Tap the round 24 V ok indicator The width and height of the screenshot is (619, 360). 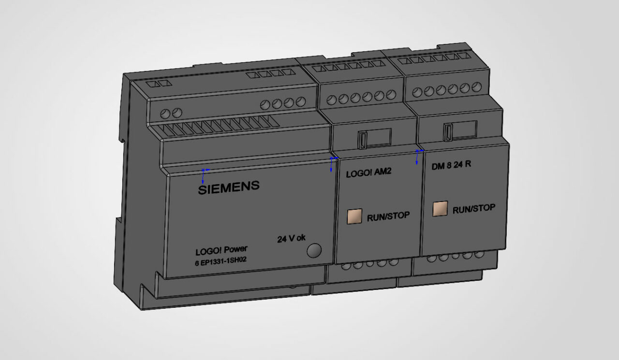tap(314, 250)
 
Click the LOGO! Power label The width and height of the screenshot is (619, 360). tap(221, 251)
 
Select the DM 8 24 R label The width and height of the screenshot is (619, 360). tap(451, 165)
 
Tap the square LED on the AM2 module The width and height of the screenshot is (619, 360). tap(354, 216)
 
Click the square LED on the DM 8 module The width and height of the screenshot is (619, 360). tap(440, 208)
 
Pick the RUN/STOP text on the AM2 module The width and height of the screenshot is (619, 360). tap(388, 216)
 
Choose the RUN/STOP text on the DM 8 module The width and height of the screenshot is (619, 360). tap(473, 208)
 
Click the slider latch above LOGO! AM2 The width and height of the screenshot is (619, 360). tap(361, 139)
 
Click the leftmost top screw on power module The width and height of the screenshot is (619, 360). tap(165, 114)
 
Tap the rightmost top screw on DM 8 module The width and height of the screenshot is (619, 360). tap(476, 87)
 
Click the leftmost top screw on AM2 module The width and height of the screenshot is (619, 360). tap(331, 100)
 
